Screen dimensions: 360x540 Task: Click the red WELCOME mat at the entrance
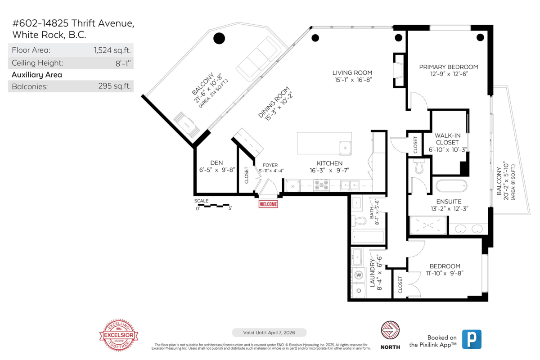click(268, 204)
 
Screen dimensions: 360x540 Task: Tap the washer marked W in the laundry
click(359, 274)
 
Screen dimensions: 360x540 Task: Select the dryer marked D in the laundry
click(359, 291)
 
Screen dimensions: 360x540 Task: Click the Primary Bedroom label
click(448, 67)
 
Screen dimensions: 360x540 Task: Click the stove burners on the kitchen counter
click(321, 184)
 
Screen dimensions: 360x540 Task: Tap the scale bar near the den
click(214, 206)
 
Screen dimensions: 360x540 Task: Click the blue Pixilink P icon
click(472, 339)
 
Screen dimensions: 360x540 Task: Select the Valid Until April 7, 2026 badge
click(269, 333)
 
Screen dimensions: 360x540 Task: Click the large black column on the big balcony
click(219, 38)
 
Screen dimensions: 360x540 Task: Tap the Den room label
click(217, 163)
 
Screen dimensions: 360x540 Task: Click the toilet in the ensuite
click(420, 166)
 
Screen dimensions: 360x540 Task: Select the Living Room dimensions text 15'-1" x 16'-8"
click(352, 80)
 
